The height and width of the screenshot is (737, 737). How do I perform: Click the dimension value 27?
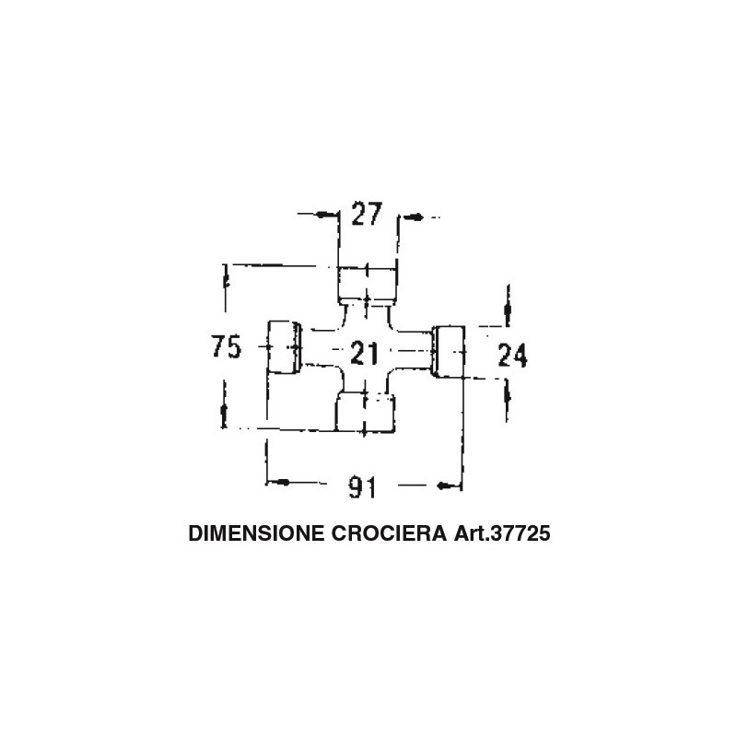(x=367, y=215)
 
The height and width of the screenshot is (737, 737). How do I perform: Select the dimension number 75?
(x=226, y=346)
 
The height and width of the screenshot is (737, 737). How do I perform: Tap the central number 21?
(x=365, y=353)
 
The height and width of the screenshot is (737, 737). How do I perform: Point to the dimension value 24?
(x=512, y=355)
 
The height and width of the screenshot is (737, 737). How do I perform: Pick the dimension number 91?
(x=362, y=487)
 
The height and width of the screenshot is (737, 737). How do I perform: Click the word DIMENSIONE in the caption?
(x=256, y=533)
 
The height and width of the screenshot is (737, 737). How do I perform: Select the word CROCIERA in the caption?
(x=389, y=533)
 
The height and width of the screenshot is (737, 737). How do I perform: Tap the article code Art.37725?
(x=501, y=533)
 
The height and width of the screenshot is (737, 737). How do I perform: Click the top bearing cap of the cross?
(x=367, y=286)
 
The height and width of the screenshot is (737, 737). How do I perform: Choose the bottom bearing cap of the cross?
(x=365, y=413)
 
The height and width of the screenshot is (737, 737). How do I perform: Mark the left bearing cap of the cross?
(x=284, y=347)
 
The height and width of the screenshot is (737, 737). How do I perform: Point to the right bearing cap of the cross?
(x=449, y=351)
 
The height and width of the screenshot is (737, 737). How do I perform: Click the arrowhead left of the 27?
(x=322, y=215)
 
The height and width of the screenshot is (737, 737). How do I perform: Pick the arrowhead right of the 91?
(x=443, y=485)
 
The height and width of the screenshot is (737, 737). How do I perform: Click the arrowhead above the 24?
(x=508, y=310)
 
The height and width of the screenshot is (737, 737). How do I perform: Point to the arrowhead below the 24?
(x=508, y=394)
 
